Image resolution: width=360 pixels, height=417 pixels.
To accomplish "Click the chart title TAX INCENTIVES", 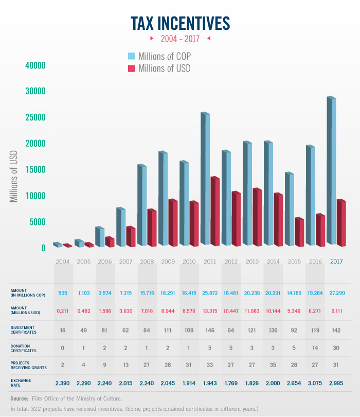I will pyautogui.click(x=180, y=23).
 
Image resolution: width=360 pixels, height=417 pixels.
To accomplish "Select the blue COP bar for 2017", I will pyautogui.click(x=334, y=170).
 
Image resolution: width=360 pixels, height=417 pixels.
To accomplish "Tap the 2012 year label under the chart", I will pyautogui.click(x=230, y=262).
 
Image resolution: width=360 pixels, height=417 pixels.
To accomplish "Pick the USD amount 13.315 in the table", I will pyautogui.click(x=210, y=311).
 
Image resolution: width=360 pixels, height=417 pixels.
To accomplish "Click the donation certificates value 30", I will pyautogui.click(x=336, y=348).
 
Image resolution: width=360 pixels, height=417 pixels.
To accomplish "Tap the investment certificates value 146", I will pyautogui.click(x=210, y=329).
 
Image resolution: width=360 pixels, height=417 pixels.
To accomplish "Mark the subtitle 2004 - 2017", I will pyautogui.click(x=180, y=39).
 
